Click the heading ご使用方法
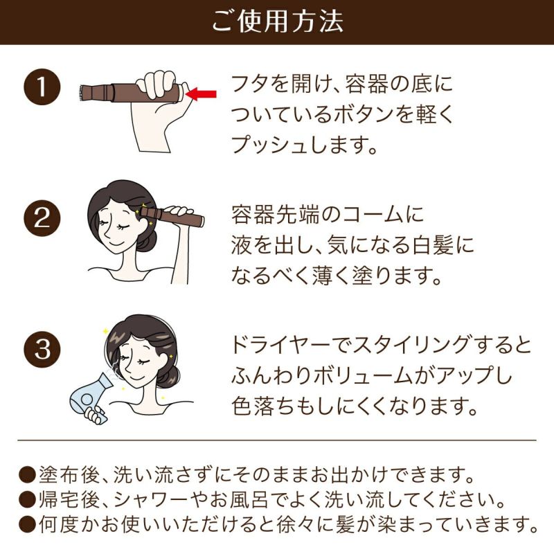(x=278, y=21)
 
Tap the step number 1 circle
(x=42, y=87)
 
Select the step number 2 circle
(x=42, y=218)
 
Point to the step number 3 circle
(x=42, y=350)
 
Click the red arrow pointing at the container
(x=201, y=94)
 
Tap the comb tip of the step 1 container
(x=82, y=92)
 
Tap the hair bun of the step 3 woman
(x=168, y=375)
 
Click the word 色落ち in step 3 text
(x=262, y=406)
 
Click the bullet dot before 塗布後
(x=27, y=475)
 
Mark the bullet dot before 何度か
(x=27, y=525)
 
